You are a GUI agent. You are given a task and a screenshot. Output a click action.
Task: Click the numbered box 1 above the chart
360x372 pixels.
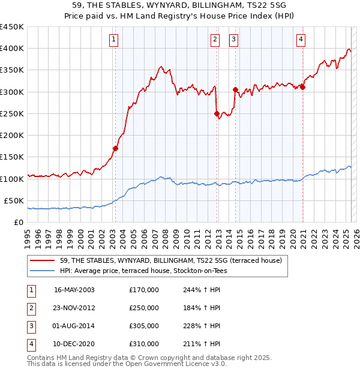pos(114,40)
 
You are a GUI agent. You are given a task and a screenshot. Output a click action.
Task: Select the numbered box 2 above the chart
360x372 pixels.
pos(215,40)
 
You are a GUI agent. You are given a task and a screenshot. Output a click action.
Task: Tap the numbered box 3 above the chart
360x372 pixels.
pos(233,40)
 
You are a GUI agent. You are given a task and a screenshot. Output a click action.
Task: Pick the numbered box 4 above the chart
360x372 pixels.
pos(301,40)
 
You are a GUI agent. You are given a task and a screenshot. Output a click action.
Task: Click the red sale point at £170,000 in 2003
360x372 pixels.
pos(115,148)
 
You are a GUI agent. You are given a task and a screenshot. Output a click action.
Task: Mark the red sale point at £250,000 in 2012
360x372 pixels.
pos(216,113)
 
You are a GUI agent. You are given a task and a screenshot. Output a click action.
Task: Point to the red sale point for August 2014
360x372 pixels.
pos(235,89)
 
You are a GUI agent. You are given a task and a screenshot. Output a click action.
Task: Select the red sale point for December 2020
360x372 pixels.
pos(303,87)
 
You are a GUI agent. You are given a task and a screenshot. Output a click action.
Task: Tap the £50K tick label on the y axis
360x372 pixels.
pos(14,200)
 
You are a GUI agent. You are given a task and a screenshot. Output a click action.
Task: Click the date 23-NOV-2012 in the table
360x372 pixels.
pos(74,308)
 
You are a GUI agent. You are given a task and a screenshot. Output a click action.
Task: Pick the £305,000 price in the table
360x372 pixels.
pos(144,326)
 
